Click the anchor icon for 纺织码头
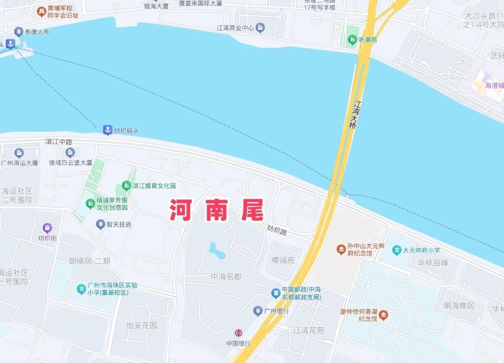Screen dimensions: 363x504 click(107, 130)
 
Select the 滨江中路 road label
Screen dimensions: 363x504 click(59, 142)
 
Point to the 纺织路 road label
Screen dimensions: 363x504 click(277, 229)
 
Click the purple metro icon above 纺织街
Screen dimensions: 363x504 click(47, 228)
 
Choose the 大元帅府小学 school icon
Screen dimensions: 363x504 click(397, 250)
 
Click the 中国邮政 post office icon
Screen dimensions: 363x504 click(275, 293)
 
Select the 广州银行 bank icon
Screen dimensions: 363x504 click(258, 311)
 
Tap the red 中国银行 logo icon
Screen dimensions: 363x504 click(238, 333)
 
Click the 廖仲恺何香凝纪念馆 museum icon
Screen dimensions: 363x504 click(384, 315)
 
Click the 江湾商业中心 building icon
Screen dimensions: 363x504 click(260, 27)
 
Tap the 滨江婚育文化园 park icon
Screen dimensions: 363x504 click(126, 186)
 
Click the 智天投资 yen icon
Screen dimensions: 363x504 click(100, 225)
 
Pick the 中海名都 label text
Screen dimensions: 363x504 click(226, 276)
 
